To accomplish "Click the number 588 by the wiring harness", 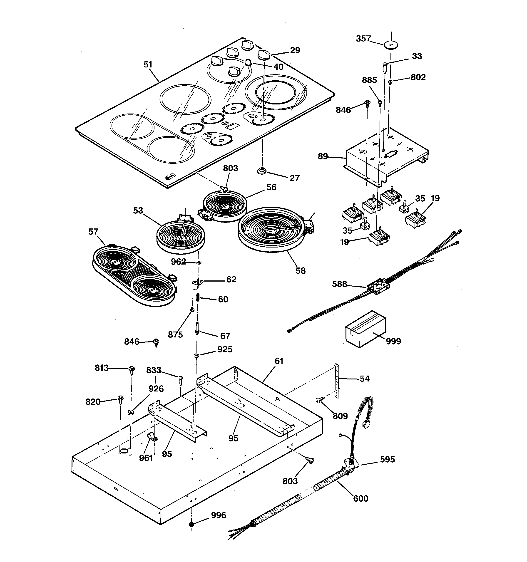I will pyautogui.click(x=339, y=284).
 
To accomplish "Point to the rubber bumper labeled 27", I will pyautogui.click(x=262, y=171).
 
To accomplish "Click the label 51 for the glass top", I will pyautogui.click(x=148, y=65).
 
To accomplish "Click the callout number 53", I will pyautogui.click(x=138, y=211).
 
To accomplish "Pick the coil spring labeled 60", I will pyautogui.click(x=198, y=297).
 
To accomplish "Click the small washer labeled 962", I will pyautogui.click(x=199, y=263).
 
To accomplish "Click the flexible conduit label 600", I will pyautogui.click(x=360, y=498).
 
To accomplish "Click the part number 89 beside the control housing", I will pyautogui.click(x=323, y=156).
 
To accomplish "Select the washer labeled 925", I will pyautogui.click(x=196, y=355).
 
